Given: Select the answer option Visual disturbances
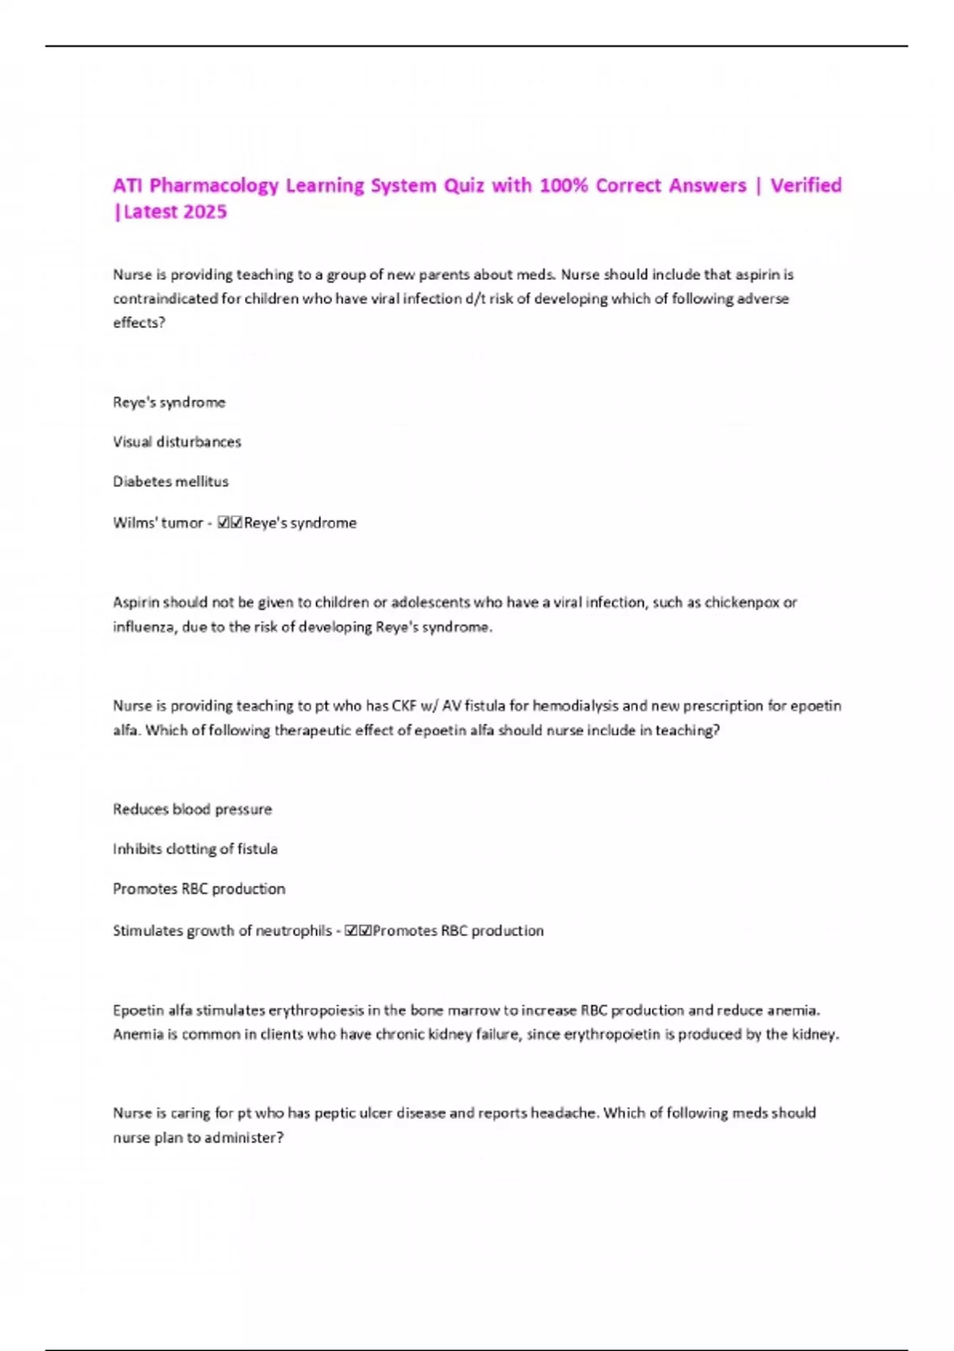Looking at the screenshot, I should click(176, 442).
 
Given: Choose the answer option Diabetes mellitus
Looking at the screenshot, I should click(170, 482).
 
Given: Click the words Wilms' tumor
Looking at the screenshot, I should click(158, 523).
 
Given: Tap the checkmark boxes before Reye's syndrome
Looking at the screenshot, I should click(229, 523).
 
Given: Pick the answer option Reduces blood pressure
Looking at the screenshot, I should click(192, 809).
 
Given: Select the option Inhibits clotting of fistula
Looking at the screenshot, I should click(195, 849).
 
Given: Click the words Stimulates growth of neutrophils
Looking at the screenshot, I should click(222, 931).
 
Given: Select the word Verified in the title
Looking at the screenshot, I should click(805, 186).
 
